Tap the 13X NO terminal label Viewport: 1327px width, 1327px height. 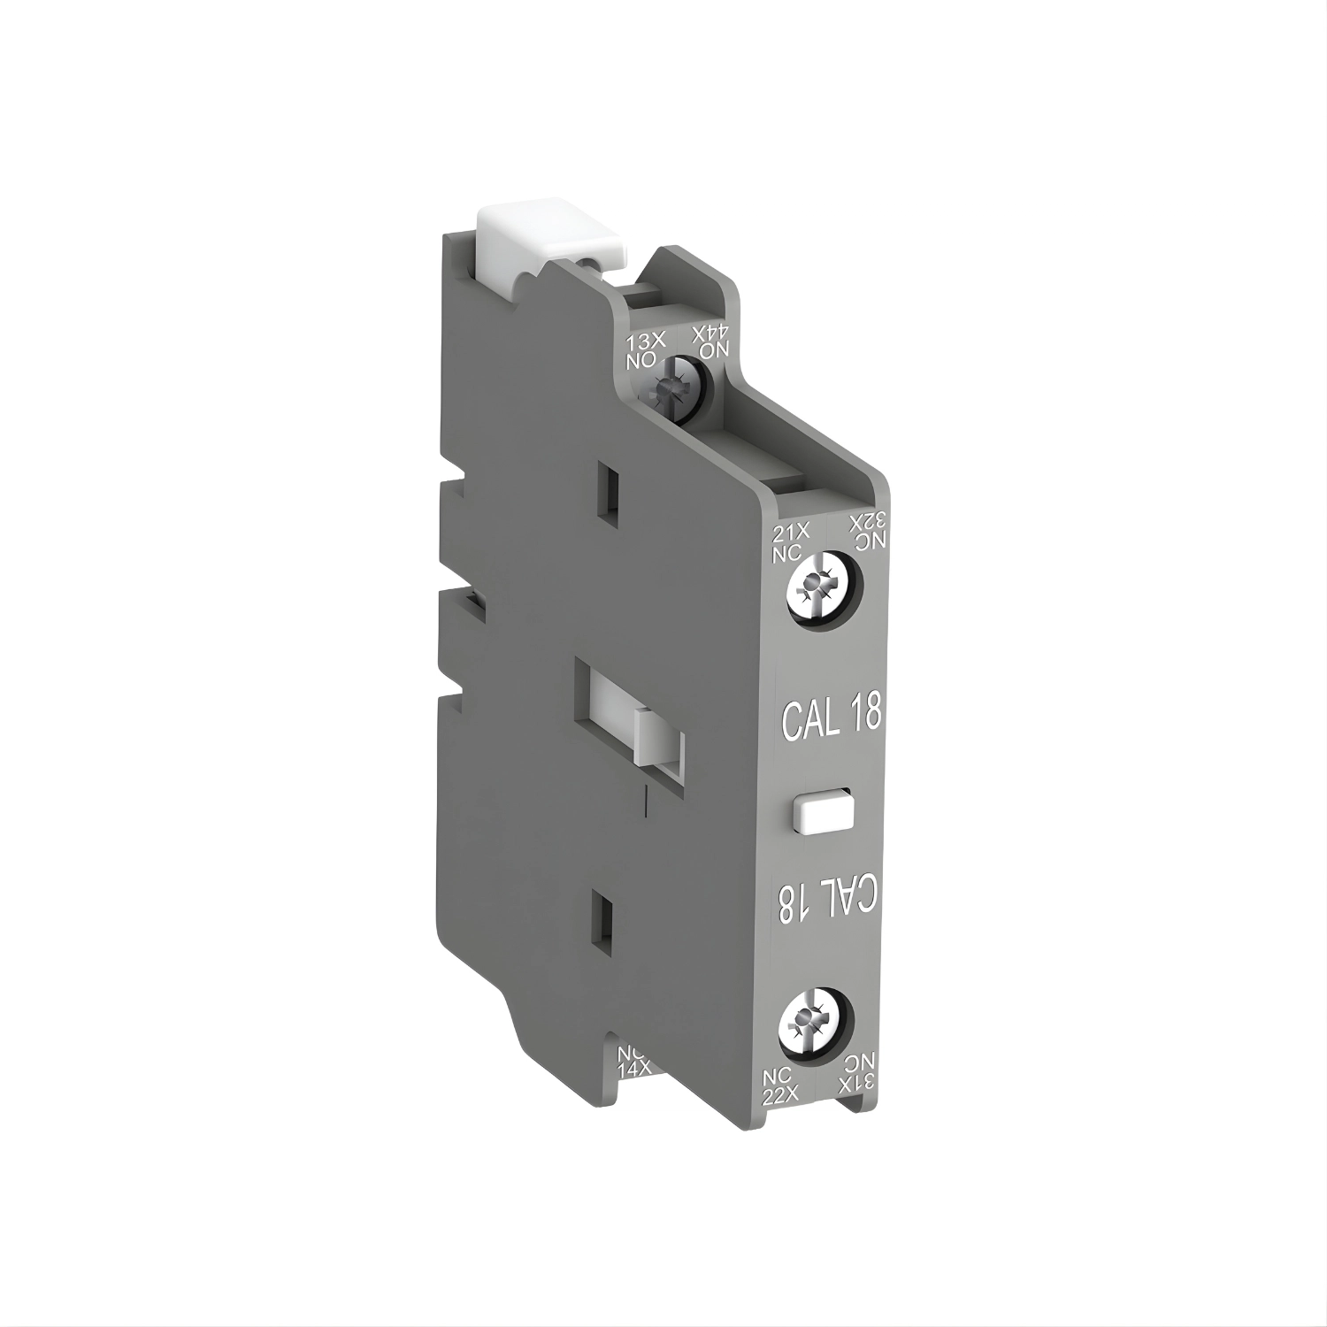643,352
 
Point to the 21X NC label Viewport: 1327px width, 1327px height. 786,539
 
